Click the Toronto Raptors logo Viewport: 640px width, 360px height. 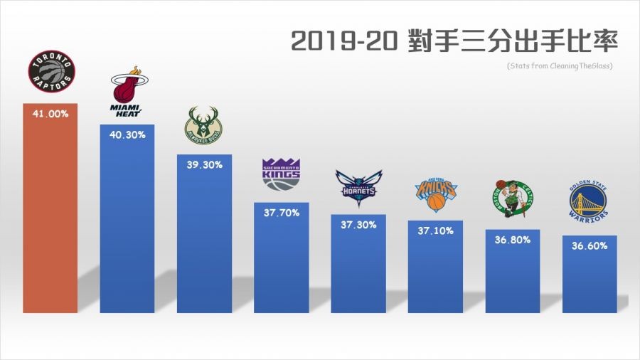tap(50, 73)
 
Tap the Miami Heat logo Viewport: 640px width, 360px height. tap(127, 93)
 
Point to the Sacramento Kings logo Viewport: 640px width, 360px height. tap(282, 175)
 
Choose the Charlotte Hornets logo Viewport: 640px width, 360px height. tap(358, 188)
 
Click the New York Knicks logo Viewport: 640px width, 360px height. tap(435, 195)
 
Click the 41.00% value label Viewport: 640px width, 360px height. tap(50, 114)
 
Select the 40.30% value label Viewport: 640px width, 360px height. tap(127, 134)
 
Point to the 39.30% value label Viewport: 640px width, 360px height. tap(204, 164)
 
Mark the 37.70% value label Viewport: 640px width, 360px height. tap(282, 211)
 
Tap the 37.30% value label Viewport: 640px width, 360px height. tap(358, 223)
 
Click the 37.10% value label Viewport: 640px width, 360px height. tap(435, 230)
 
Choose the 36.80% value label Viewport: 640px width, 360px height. tap(512, 239)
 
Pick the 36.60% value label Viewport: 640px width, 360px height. tap(589, 245)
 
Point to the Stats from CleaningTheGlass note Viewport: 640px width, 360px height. tap(560, 66)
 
